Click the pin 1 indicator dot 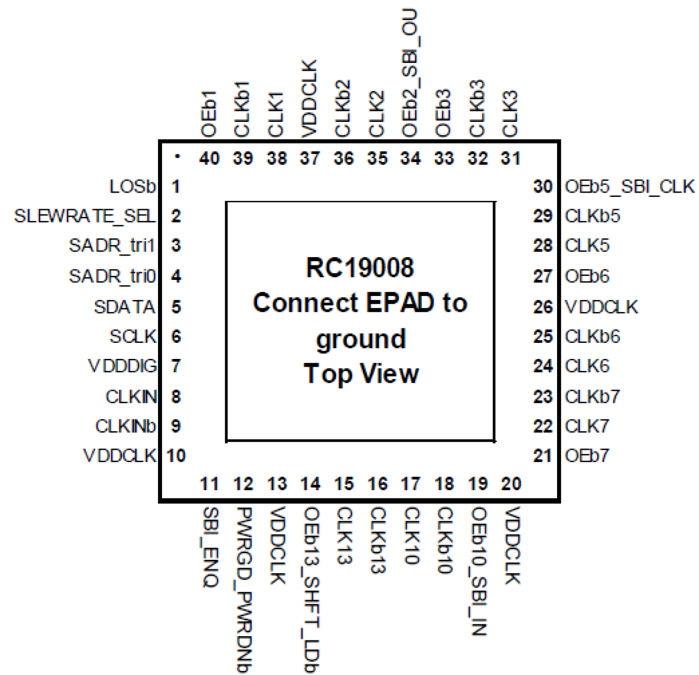177,157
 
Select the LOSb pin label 132,186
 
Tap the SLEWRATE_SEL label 85,216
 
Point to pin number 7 176,366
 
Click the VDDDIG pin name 122,366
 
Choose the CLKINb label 126,426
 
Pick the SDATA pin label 125,307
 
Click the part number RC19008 360,268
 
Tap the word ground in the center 361,339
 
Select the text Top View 361,373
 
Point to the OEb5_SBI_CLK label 629,186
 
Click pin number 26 543,307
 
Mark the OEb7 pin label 587,456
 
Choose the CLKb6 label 592,337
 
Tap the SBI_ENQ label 210,546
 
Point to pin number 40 209,159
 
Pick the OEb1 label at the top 209,114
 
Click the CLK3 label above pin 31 510,114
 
